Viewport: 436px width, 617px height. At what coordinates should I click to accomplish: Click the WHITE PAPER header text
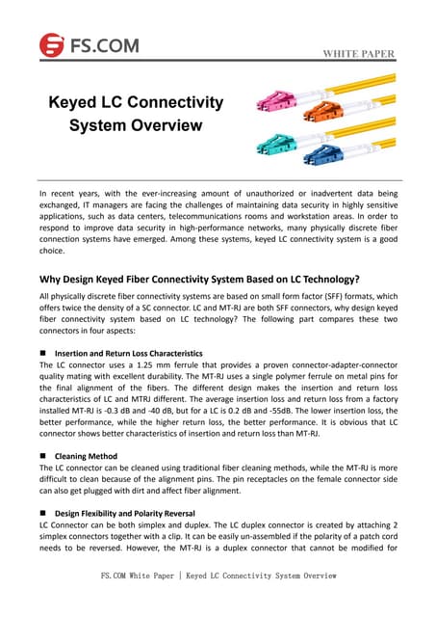click(358, 53)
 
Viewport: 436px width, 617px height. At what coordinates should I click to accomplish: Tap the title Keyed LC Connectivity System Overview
click(136, 114)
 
